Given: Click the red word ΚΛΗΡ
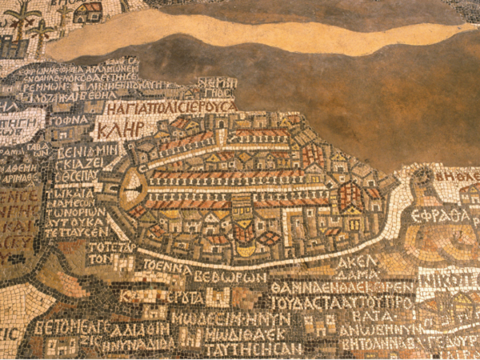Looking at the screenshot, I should [120, 129].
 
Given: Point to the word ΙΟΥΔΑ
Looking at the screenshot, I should [292, 303].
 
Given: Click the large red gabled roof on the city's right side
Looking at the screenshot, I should [350, 195].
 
